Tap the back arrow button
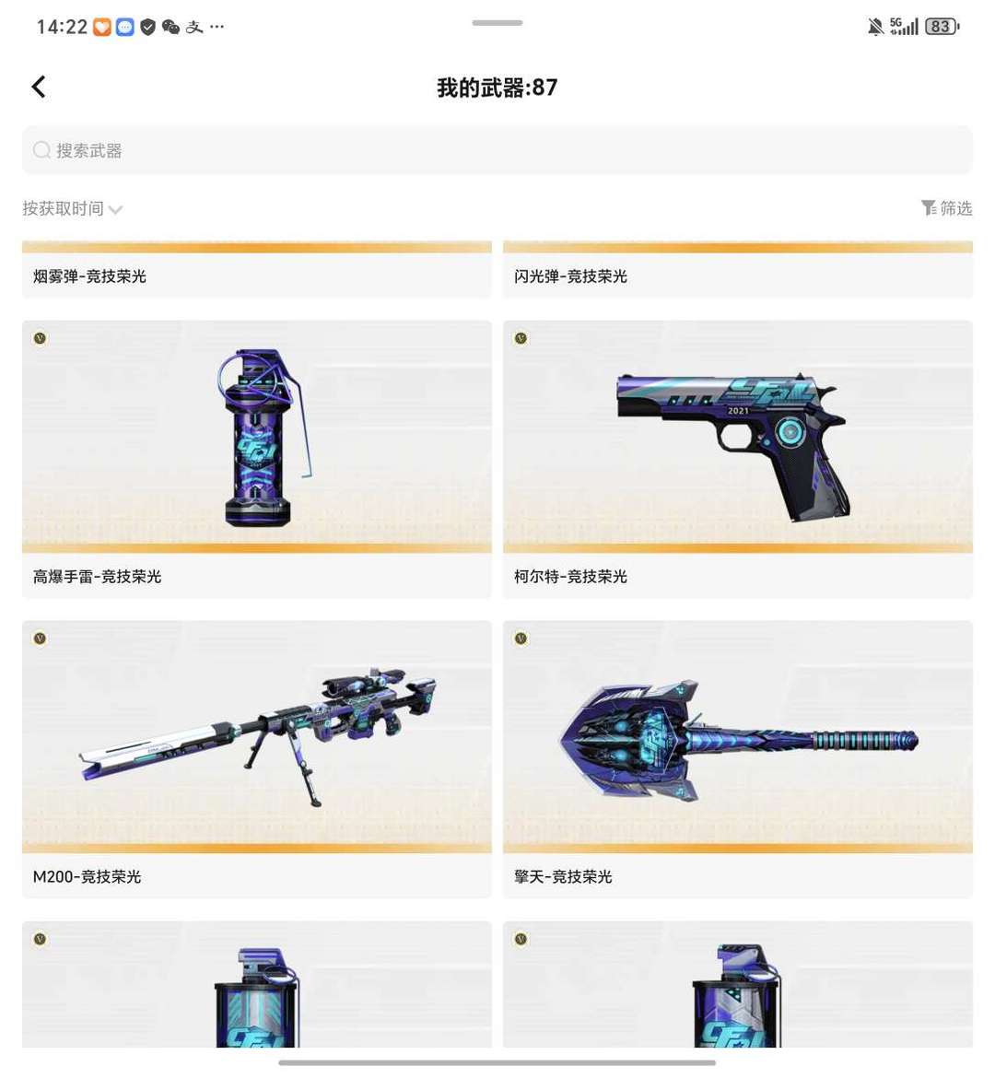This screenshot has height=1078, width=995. click(x=39, y=88)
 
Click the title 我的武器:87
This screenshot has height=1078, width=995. click(x=497, y=88)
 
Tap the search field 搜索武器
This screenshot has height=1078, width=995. click(x=497, y=150)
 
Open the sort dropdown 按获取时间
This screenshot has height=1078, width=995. click(x=72, y=208)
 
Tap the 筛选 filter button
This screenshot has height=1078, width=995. click(x=946, y=207)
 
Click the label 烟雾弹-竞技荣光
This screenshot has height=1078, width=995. click(x=89, y=276)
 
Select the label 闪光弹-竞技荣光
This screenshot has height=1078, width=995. click(x=570, y=276)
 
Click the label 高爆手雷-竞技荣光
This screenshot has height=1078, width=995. click(x=97, y=577)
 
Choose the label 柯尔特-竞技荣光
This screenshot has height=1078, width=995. click(x=570, y=577)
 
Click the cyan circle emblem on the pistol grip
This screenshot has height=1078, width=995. click(x=790, y=431)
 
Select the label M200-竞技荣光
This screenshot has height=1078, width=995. click(x=87, y=877)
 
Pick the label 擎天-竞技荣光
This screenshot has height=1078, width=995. click(x=563, y=877)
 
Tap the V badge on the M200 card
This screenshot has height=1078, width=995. click(x=40, y=639)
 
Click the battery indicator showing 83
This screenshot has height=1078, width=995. click(x=942, y=27)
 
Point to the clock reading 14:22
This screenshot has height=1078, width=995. click(x=62, y=27)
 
